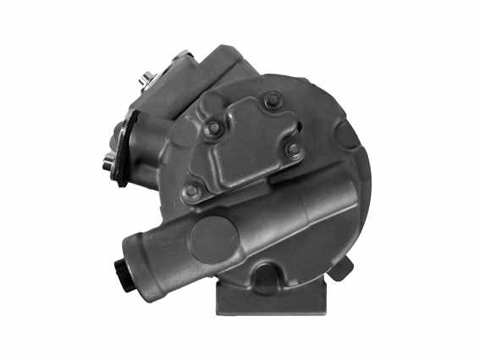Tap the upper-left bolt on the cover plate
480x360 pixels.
click(214, 128)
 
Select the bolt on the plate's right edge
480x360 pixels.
click(294, 150)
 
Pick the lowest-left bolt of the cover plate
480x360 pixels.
click(193, 191)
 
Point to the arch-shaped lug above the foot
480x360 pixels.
click(268, 275)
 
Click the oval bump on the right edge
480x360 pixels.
click(346, 139)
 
